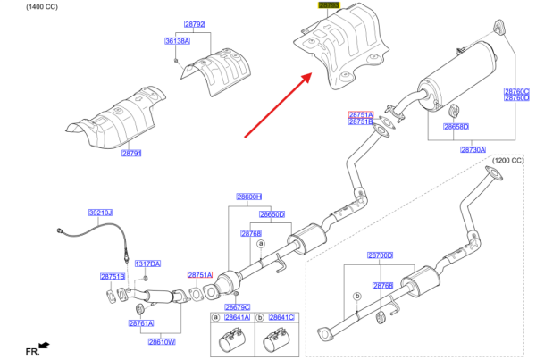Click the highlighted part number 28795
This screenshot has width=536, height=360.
pos(329,5)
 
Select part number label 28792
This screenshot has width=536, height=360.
pos(194,24)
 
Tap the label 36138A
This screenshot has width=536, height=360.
pos(177,41)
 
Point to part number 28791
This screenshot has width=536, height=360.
pos(131,154)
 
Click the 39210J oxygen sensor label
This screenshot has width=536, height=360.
pos(99,213)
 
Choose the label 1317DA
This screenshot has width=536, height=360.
pos(147,264)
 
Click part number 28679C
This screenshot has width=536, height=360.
pos(237,307)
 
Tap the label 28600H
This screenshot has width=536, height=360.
pos(248,197)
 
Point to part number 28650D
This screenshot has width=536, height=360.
pos(272,214)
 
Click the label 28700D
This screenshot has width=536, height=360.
pos(380,255)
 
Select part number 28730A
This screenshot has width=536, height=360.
pos(473,149)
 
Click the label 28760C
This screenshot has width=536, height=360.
pos(516,91)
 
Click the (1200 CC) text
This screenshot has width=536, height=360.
pos(507,161)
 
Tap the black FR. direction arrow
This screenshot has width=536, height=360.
pos(44,345)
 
